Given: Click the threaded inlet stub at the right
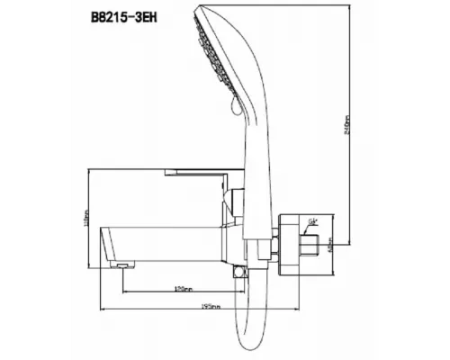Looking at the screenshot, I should [311, 242].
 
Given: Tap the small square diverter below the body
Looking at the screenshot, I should [239, 271].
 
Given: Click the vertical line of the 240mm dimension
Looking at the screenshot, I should [350, 90].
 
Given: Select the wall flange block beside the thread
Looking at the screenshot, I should [290, 239].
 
